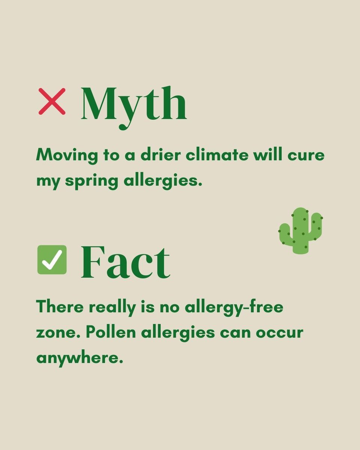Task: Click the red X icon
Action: (x=52, y=101)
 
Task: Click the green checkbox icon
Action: (x=52, y=259)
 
